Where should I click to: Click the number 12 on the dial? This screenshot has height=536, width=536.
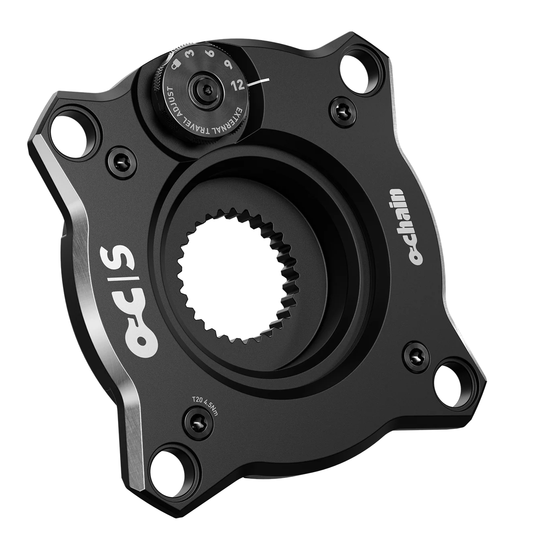[x=239, y=85]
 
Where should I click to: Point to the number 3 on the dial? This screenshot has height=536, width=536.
[x=191, y=54]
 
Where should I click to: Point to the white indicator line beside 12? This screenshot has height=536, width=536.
[x=258, y=82]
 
